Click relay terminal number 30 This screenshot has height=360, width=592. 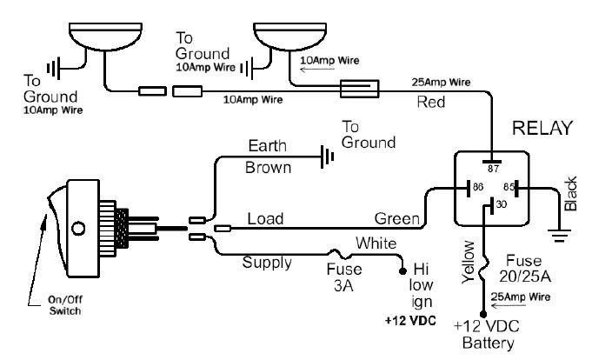tap(500, 206)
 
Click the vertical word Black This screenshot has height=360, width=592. tap(571, 196)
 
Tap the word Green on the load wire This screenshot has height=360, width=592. tap(393, 218)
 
